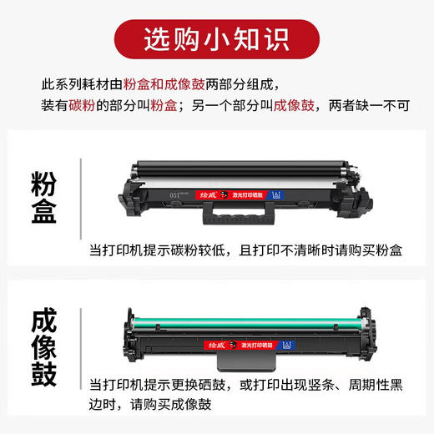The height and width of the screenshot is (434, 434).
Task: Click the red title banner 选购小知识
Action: (216, 39)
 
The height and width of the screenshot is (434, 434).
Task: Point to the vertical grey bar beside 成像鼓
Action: (81, 345)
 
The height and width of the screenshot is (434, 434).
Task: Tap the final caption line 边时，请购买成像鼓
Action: (151, 406)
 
